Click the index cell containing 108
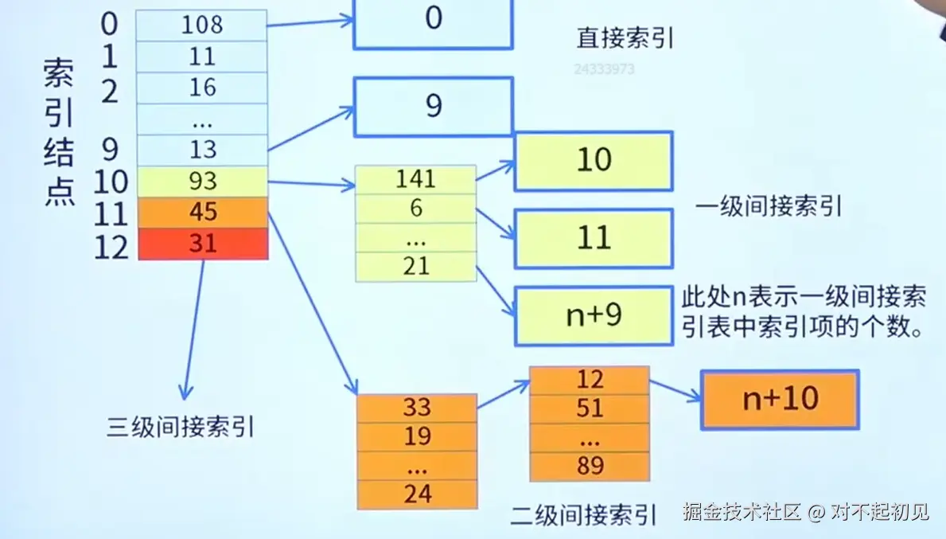click(x=202, y=25)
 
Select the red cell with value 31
click(x=203, y=244)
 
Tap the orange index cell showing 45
click(x=203, y=213)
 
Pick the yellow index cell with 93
click(x=203, y=182)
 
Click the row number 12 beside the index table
click(x=111, y=247)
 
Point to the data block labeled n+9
click(x=594, y=316)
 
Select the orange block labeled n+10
click(x=780, y=399)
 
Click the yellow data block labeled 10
click(x=594, y=161)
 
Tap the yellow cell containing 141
click(x=415, y=179)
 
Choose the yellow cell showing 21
click(x=415, y=267)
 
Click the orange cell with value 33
click(x=417, y=408)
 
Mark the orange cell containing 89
click(x=590, y=466)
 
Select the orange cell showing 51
click(x=590, y=409)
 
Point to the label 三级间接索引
click(x=180, y=428)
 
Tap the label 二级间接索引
click(x=584, y=515)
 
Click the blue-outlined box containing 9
click(x=433, y=107)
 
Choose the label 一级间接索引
click(x=769, y=208)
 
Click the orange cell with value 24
click(x=417, y=494)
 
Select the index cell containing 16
click(x=202, y=87)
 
